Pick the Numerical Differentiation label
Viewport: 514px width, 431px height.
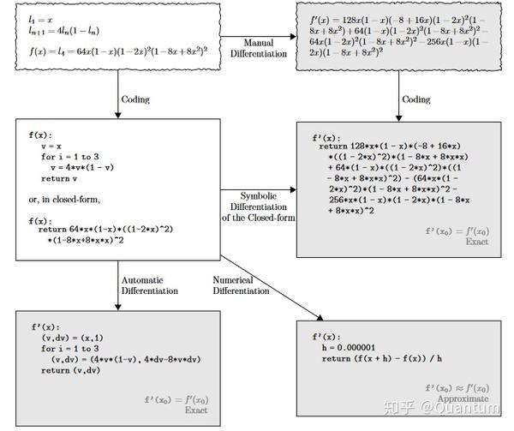pos(241,285)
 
